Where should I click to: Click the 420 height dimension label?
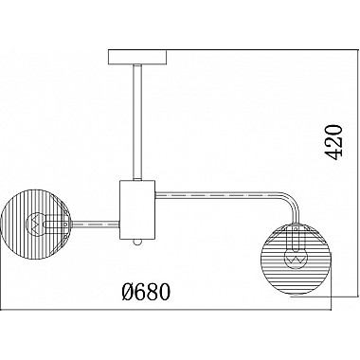[333, 141]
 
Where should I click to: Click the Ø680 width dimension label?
[146, 292]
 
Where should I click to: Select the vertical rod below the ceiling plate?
[137, 122]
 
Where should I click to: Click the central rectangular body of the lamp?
[137, 209]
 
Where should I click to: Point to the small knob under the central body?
[137, 242]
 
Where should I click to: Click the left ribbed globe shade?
[35, 225]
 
